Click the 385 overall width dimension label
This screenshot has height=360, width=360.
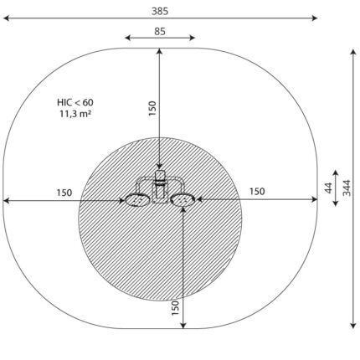pyautogui.click(x=160, y=11)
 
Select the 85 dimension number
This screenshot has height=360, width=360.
pyautogui.click(x=160, y=32)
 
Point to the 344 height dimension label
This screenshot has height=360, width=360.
pyautogui.click(x=347, y=188)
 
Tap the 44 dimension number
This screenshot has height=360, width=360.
pyautogui.click(x=329, y=188)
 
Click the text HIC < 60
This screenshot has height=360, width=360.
pyautogui.click(x=75, y=102)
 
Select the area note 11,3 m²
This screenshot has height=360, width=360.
pyautogui.click(x=75, y=114)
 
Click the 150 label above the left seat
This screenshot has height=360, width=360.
pyautogui.click(x=64, y=193)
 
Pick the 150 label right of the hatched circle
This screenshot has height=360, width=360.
pyautogui.click(x=257, y=192)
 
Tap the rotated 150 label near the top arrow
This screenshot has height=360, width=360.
pyautogui.click(x=152, y=108)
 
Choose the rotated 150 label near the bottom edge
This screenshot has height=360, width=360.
pyautogui.click(x=175, y=308)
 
